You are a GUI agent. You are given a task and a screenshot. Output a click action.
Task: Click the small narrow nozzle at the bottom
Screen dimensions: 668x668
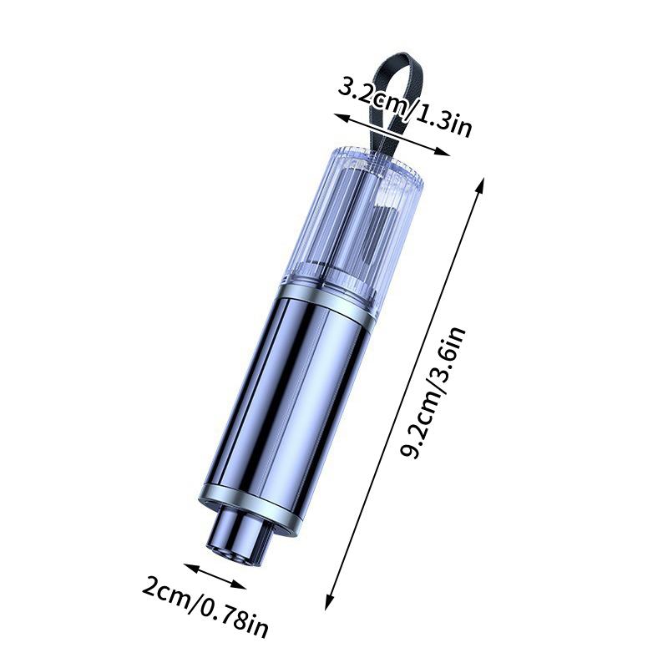pyautogui.click(x=237, y=539)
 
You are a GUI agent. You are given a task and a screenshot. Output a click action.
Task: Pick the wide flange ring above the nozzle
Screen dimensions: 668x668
pyautogui.click(x=250, y=511)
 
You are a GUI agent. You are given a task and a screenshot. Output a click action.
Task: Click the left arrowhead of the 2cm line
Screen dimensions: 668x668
pyautogui.click(x=189, y=569)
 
